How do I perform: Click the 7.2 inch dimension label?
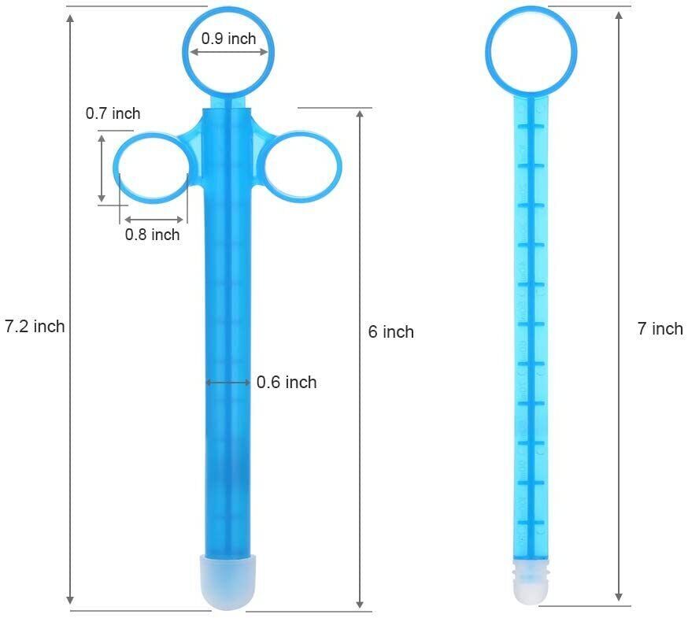(x=35, y=326)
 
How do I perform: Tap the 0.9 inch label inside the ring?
(x=228, y=38)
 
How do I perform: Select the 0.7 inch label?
(x=113, y=113)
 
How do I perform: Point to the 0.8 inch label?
(x=152, y=234)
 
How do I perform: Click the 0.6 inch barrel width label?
(x=287, y=382)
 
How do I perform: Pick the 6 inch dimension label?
(x=390, y=331)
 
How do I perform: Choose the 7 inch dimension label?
(x=660, y=328)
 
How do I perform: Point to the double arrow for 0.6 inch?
(x=228, y=383)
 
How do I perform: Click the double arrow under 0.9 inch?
(x=228, y=53)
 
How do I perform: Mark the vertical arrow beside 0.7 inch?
(x=102, y=168)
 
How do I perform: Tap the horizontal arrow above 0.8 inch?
(x=155, y=219)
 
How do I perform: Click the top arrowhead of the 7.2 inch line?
(x=72, y=19)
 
